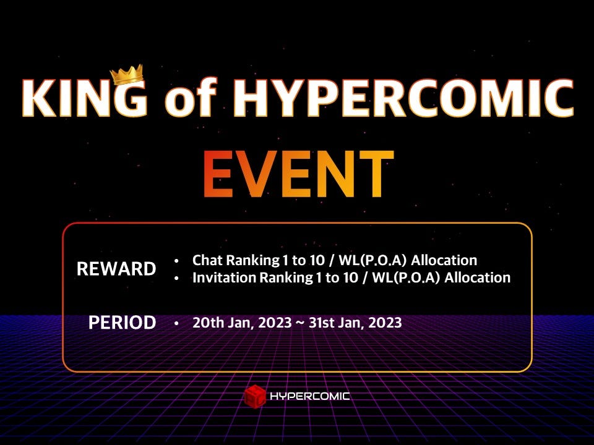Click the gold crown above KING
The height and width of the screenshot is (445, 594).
click(x=127, y=75)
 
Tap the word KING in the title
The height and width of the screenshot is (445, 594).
click(x=85, y=99)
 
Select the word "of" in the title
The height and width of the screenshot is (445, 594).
click(x=192, y=99)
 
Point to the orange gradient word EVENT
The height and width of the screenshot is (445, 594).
click(x=298, y=174)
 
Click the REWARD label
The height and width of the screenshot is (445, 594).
click(x=116, y=269)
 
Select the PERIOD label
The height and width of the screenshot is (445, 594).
click(x=122, y=323)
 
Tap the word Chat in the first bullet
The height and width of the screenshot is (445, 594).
click(x=207, y=260)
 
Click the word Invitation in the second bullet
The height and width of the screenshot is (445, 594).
click(x=224, y=278)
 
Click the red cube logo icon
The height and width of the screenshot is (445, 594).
click(x=254, y=396)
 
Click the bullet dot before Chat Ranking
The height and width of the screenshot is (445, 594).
click(x=178, y=260)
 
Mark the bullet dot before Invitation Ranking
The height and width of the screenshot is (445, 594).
click(x=178, y=278)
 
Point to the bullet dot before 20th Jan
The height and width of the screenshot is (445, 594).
click(x=178, y=323)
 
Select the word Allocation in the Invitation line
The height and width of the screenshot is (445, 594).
click(x=476, y=278)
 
